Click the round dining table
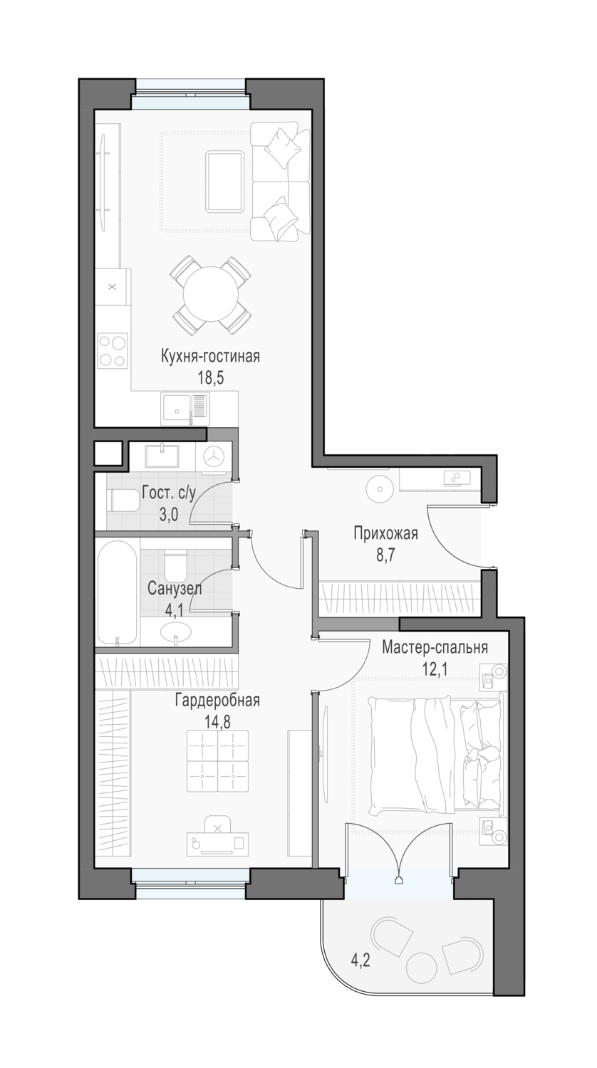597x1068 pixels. pyautogui.click(x=210, y=295)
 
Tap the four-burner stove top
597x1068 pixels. pyautogui.click(x=113, y=350)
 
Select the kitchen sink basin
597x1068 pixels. pyautogui.click(x=176, y=409)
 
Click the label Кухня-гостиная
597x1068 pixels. pyautogui.click(x=210, y=357)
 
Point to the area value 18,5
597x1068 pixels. pyautogui.click(x=210, y=379)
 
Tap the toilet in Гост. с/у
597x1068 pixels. pyautogui.click(x=123, y=501)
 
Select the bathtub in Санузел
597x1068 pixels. pyautogui.click(x=118, y=593)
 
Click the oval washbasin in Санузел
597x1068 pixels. pyautogui.click(x=176, y=632)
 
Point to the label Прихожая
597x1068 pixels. pyautogui.click(x=385, y=534)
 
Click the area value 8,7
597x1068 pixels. pyautogui.click(x=385, y=555)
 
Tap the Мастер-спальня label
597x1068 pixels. pyautogui.click(x=435, y=648)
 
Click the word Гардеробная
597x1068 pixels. pyautogui.click(x=217, y=701)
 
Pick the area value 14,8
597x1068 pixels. pyautogui.click(x=217, y=722)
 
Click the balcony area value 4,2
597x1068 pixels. pyautogui.click(x=360, y=959)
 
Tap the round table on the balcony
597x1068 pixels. pyautogui.click(x=421, y=965)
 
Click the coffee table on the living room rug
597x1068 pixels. pyautogui.click(x=225, y=182)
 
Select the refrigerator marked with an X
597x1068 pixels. pyautogui.click(x=113, y=287)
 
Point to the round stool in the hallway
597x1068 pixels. pyautogui.click(x=380, y=488)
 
